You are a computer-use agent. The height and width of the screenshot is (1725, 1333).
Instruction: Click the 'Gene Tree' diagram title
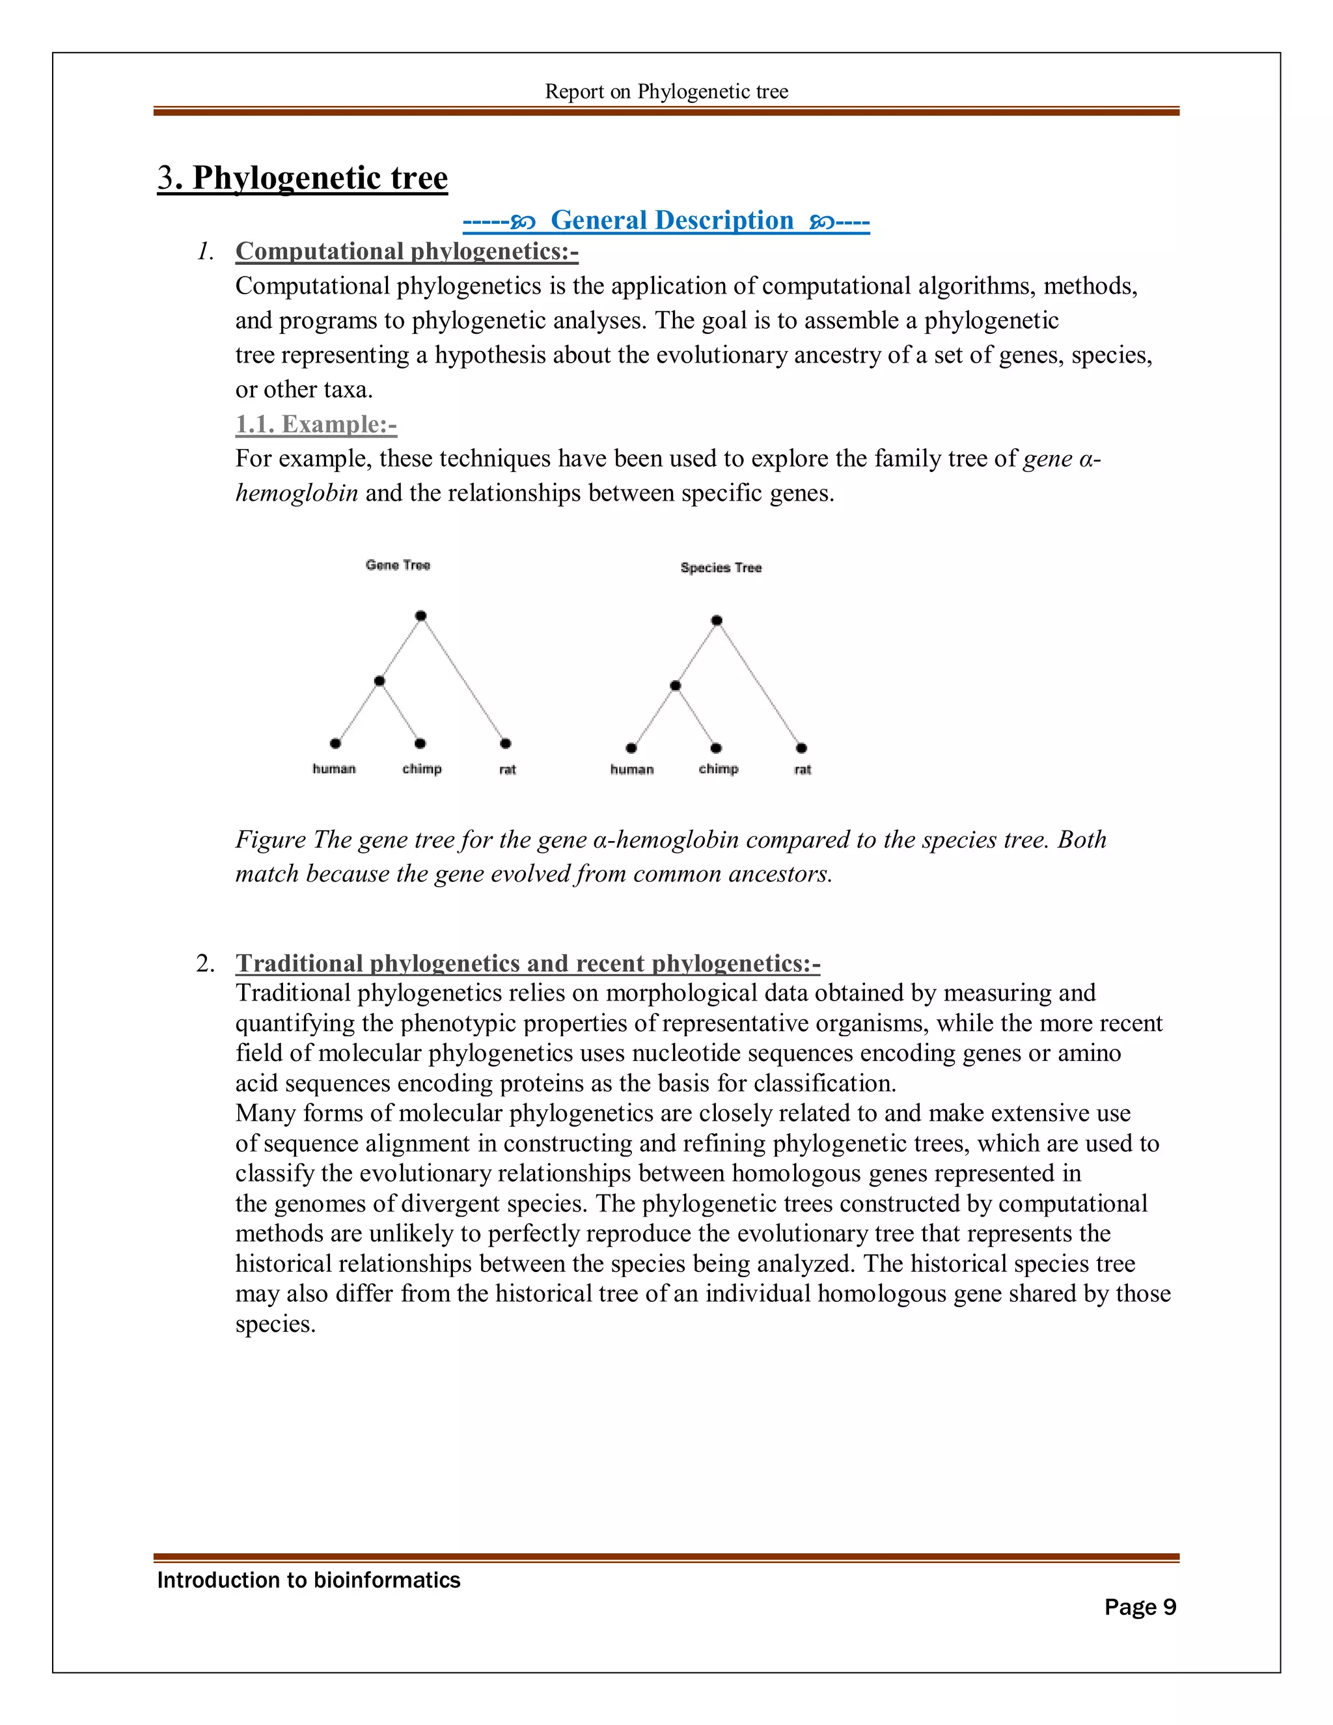(397, 565)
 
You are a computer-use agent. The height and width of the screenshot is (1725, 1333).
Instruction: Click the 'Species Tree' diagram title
(721, 567)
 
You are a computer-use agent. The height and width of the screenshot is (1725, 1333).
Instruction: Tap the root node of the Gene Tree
(421, 615)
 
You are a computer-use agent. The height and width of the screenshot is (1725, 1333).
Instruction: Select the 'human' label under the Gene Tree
(334, 769)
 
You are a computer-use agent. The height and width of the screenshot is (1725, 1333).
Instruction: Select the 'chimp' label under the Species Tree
(718, 769)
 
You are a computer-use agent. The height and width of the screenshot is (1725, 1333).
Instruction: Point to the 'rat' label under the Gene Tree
(507, 769)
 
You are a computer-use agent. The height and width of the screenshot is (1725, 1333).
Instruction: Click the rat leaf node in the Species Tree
(801, 748)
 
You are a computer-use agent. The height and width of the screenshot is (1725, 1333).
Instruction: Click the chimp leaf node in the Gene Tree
(420, 743)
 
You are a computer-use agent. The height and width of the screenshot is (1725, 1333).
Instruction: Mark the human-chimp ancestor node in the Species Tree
(675, 685)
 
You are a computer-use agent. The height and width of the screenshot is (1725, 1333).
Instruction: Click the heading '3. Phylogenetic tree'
(303, 178)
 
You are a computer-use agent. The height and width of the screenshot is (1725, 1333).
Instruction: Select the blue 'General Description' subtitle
(671, 221)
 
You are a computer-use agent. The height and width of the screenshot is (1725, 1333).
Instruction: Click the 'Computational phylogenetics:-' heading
(407, 251)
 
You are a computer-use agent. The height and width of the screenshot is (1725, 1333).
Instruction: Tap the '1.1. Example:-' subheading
(316, 424)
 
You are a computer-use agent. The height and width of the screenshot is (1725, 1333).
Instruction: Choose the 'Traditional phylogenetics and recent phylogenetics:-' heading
(527, 963)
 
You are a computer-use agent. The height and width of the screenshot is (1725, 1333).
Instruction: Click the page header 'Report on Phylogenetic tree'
(666, 92)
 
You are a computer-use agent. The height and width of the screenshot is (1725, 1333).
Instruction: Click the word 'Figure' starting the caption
(270, 840)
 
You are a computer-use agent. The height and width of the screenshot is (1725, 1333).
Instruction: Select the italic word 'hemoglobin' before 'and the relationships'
(297, 493)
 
